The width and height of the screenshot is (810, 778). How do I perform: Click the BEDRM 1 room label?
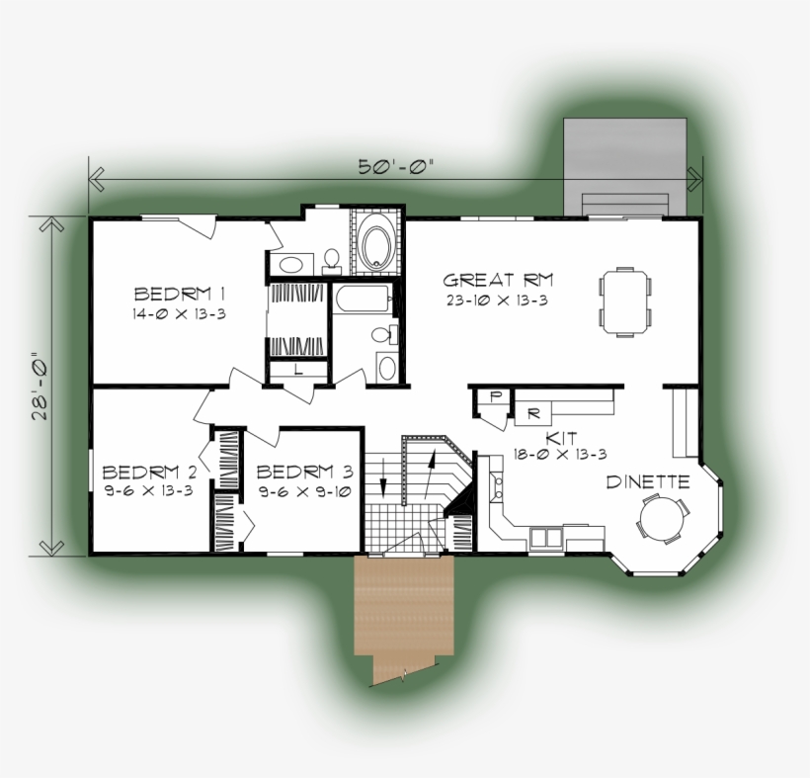[181, 294]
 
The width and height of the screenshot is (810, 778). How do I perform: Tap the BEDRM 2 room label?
[147, 472]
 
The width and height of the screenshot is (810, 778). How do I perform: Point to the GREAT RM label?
[491, 281]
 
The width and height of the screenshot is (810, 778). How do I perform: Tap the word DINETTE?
[647, 482]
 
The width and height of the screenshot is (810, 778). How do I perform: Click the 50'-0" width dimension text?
[395, 167]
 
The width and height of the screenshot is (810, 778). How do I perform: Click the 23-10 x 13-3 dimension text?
[496, 301]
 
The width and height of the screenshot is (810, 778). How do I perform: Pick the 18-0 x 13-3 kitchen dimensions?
[559, 454]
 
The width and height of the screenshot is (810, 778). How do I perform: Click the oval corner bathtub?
[376, 244]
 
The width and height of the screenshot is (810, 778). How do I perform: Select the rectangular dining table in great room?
[625, 301]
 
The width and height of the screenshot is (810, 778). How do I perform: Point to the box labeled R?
[531, 411]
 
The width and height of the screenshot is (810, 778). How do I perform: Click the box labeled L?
[299, 369]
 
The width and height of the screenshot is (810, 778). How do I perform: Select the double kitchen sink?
[545, 537]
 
